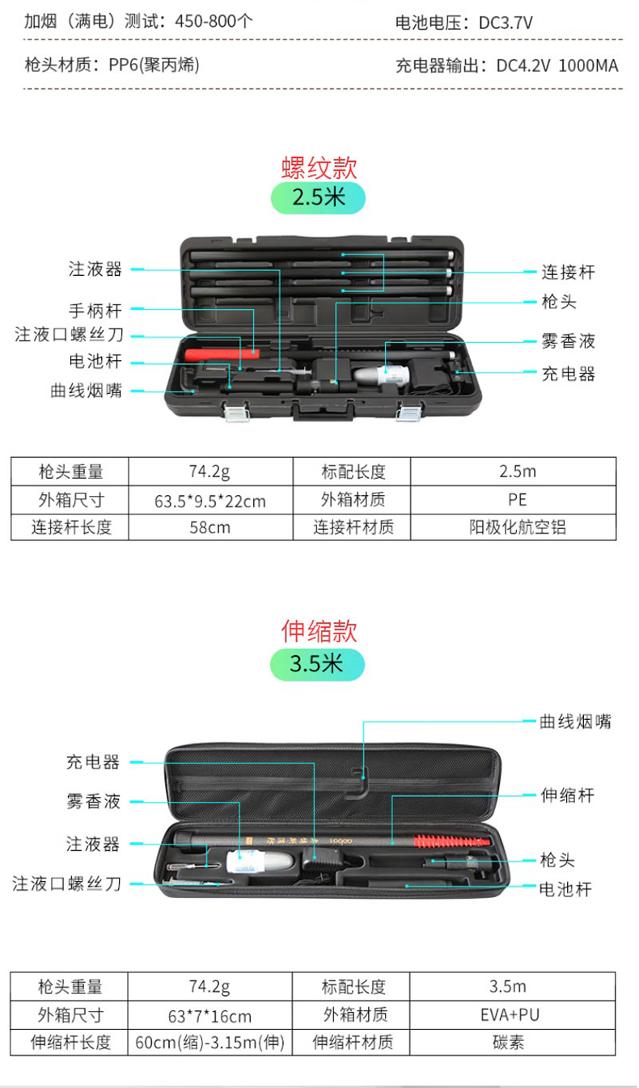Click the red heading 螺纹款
(319, 167)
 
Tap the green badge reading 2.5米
(318, 197)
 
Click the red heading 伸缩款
(319, 631)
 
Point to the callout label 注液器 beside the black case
(95, 269)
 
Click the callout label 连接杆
(568, 273)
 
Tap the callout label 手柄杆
(95, 310)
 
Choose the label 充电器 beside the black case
(568, 374)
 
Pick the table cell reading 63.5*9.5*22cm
(210, 501)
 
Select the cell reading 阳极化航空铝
(517, 527)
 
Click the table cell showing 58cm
(210, 527)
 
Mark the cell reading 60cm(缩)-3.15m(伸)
(210, 1043)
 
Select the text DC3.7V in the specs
(506, 23)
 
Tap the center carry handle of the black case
(323, 412)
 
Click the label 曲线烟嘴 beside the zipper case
(575, 722)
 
